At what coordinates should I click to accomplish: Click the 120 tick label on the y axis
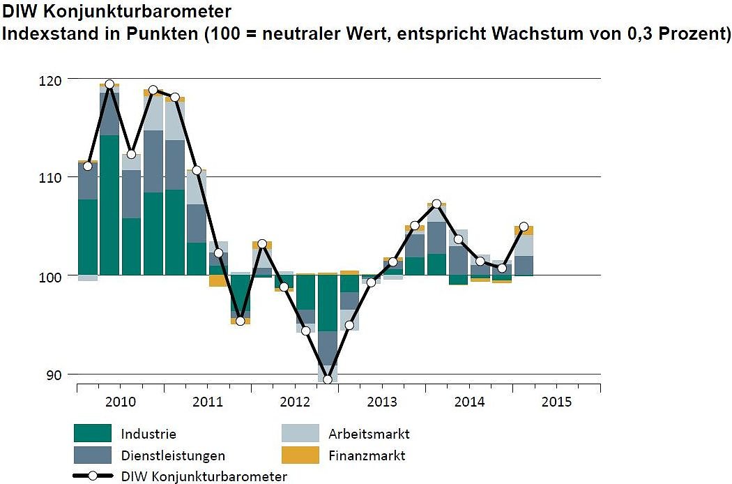(x=54, y=80)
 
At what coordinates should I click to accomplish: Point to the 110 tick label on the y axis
(x=54, y=177)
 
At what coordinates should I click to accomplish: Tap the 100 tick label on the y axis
(x=54, y=276)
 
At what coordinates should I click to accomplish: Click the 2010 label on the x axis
(x=120, y=402)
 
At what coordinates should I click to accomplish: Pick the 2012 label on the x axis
(x=294, y=402)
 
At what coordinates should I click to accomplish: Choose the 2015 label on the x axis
(x=556, y=402)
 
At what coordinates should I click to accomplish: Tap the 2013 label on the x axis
(x=381, y=402)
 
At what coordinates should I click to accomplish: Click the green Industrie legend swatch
(x=93, y=433)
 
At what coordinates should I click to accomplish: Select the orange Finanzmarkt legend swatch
(x=300, y=455)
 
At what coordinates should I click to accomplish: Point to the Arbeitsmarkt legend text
(x=369, y=434)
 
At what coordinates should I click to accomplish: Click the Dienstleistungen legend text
(x=173, y=456)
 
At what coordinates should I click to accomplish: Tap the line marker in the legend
(x=93, y=476)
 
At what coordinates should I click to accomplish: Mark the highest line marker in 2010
(x=109, y=84)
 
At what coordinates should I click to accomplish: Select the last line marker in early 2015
(x=524, y=227)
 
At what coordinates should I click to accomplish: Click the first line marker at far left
(x=87, y=166)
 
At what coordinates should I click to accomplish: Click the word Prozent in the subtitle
(x=695, y=33)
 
